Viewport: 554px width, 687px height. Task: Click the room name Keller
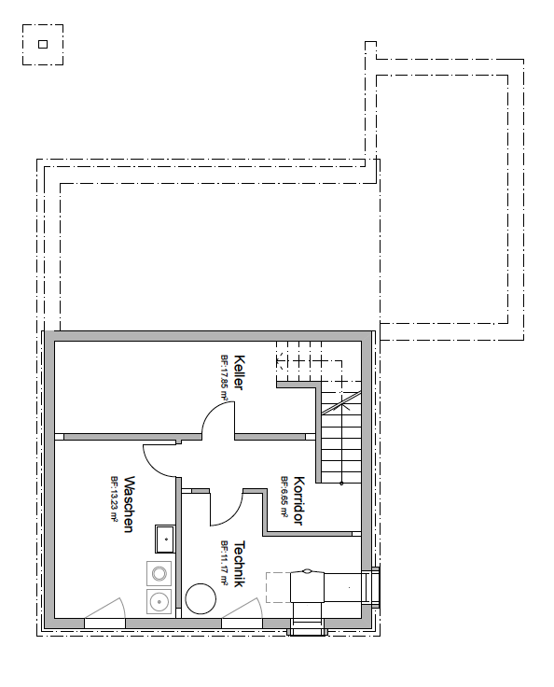239,372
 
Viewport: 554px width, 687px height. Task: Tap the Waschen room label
129,504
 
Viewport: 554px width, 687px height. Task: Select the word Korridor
298,501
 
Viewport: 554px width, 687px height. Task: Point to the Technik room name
239,564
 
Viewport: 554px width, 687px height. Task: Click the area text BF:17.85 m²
225,377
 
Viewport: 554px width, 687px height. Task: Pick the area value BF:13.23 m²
115,499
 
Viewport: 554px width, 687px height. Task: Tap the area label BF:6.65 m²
284,497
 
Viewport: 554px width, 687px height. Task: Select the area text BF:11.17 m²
225,563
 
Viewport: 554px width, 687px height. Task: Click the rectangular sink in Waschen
165,540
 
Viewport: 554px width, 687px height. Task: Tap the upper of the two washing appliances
159,573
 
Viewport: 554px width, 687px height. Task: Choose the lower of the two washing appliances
159,601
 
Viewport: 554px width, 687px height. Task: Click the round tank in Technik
201,599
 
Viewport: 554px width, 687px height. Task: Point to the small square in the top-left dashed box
43,44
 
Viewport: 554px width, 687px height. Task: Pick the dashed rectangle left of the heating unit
279,587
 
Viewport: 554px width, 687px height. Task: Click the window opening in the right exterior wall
375,587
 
